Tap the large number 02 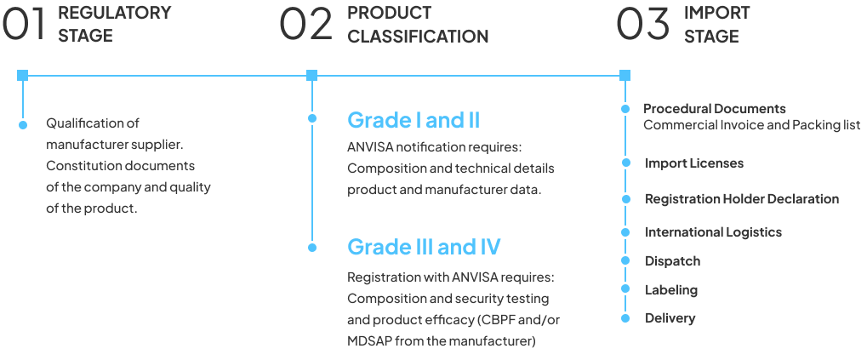pyautogui.click(x=305, y=25)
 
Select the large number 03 pyautogui.click(x=643, y=25)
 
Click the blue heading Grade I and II pyautogui.click(x=414, y=120)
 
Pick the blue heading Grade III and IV pyautogui.click(x=424, y=247)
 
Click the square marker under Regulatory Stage pyautogui.click(x=22, y=76)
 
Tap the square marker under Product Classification pyautogui.click(x=311, y=76)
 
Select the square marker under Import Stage pyautogui.click(x=625, y=76)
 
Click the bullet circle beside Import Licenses pyautogui.click(x=626, y=163)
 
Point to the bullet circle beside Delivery pyautogui.click(x=626, y=318)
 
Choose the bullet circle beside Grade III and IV pyautogui.click(x=312, y=248)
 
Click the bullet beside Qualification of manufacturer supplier pyautogui.click(x=23, y=125)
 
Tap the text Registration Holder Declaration pyautogui.click(x=742, y=199)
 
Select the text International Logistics pyautogui.click(x=713, y=231)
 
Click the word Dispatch pyautogui.click(x=672, y=260)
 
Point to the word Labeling pyautogui.click(x=671, y=289)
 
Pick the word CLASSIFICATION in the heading pyautogui.click(x=418, y=37)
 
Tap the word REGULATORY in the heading pyautogui.click(x=114, y=13)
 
